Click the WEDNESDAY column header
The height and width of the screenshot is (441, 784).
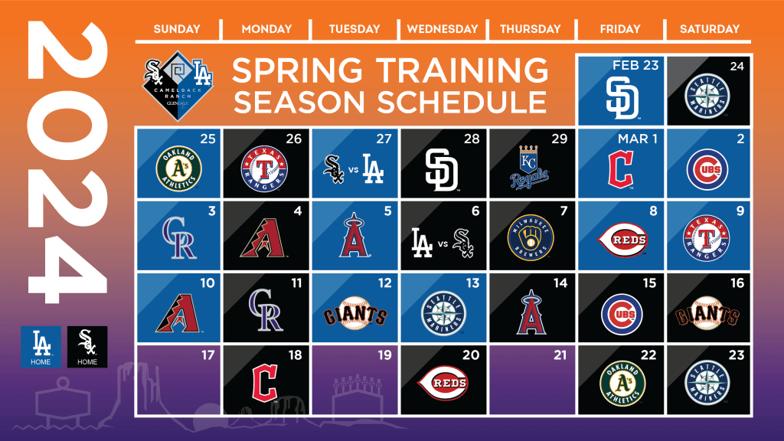pyautogui.click(x=442, y=29)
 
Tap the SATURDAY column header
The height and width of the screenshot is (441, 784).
pyautogui.click(x=709, y=29)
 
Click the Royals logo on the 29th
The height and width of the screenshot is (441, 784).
pyautogui.click(x=530, y=168)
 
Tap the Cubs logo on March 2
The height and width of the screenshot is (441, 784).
pyautogui.click(x=708, y=168)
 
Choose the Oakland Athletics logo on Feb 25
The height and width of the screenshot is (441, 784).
pyautogui.click(x=178, y=168)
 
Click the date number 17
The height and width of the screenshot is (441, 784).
pyautogui.click(x=206, y=354)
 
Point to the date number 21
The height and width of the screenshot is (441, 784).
pyautogui.click(x=560, y=354)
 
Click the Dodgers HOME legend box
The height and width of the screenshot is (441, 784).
pyautogui.click(x=41, y=346)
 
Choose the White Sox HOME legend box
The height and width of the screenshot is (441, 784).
pyautogui.click(x=87, y=346)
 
